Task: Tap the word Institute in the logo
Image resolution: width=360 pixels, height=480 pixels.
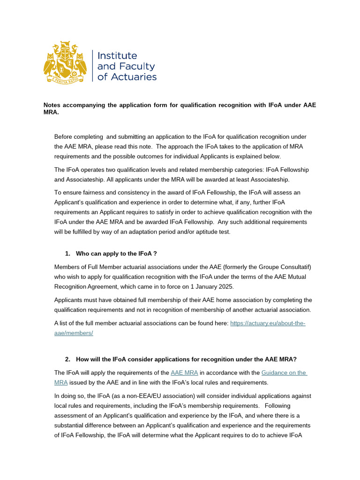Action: (117, 56)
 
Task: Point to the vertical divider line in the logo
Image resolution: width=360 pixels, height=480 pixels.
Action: (92, 66)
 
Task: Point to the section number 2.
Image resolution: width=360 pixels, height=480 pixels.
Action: (67, 359)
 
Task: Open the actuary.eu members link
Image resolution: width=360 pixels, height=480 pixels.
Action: (268, 323)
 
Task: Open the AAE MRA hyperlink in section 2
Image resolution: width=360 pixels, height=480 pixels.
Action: (184, 373)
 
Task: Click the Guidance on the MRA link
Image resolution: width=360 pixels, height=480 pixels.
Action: (284, 373)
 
